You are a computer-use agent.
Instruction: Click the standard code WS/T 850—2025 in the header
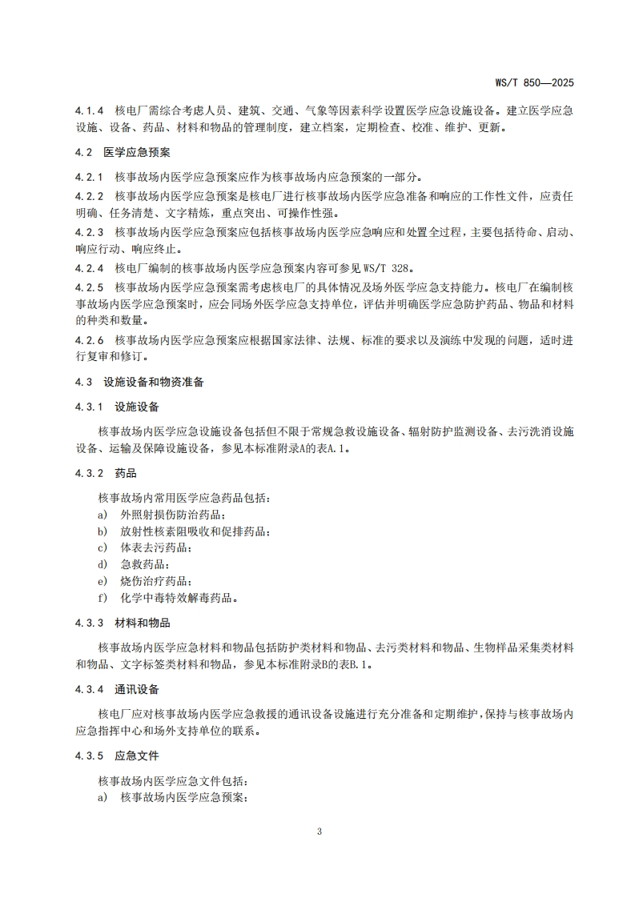point(534,82)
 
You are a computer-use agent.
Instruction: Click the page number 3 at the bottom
point(319,831)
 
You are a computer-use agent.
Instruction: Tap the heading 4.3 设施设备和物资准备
point(140,382)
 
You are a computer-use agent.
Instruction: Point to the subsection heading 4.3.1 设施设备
point(117,407)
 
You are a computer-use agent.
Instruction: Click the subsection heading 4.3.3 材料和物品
point(123,623)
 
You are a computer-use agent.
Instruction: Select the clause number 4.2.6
point(90,339)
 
